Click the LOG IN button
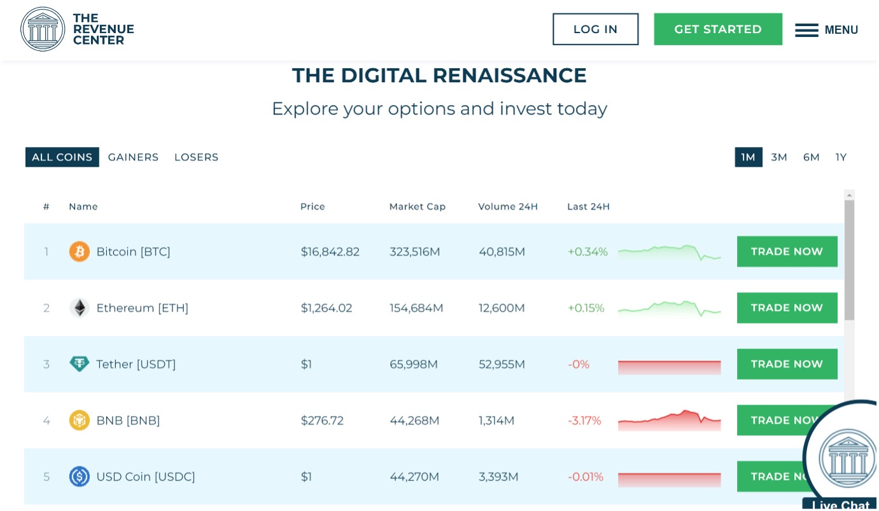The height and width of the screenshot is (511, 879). click(x=595, y=29)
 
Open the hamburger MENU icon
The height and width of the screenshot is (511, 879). click(x=806, y=30)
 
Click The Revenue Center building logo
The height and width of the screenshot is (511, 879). click(x=43, y=29)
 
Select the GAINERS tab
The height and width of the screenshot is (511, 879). click(x=133, y=157)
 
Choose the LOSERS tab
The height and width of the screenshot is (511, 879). click(x=196, y=157)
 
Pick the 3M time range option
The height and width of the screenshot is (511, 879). click(x=779, y=157)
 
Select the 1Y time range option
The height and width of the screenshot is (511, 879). click(x=841, y=157)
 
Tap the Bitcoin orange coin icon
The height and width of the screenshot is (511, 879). click(x=80, y=251)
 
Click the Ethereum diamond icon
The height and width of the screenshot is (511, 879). click(x=80, y=308)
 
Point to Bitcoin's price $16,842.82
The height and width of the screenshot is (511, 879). click(x=330, y=251)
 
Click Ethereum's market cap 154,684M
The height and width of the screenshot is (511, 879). click(x=416, y=308)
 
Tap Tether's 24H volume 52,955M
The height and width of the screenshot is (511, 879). click(x=502, y=364)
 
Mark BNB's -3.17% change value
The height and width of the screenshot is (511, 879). click(x=584, y=421)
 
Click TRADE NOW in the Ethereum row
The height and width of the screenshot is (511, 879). click(x=787, y=308)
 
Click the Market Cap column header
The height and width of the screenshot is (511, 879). click(x=418, y=206)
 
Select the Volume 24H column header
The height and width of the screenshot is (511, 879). click(x=508, y=206)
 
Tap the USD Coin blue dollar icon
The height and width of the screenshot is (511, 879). click(x=80, y=477)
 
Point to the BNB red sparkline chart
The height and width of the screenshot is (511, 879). click(x=669, y=420)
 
